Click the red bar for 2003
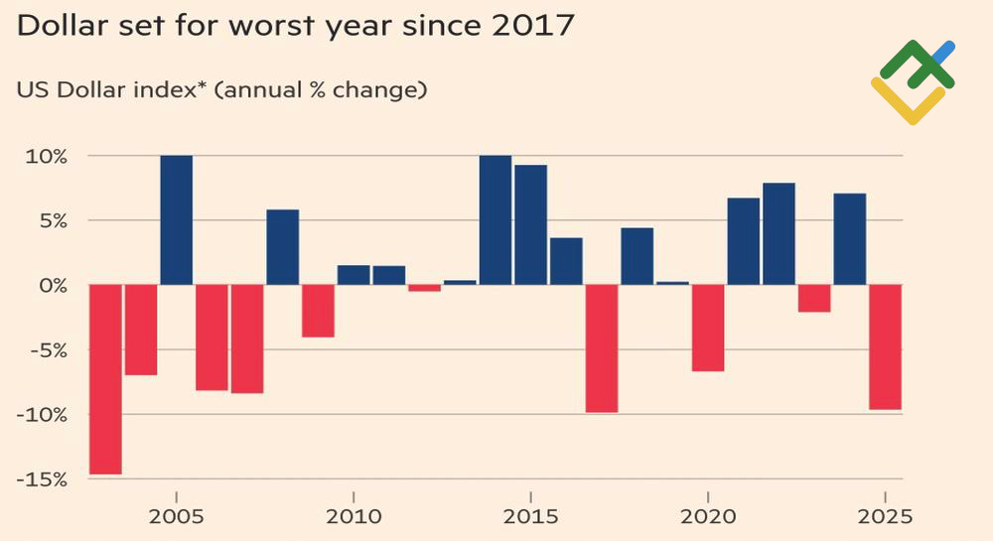point(105,379)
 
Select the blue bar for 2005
point(176,220)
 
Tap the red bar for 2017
point(602,348)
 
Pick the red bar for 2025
point(885,347)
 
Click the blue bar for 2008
point(282,247)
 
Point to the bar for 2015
point(530,225)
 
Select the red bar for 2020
point(708,328)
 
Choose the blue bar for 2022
point(779,234)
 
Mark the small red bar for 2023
point(814,299)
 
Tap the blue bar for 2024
point(849,239)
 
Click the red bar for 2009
point(318,311)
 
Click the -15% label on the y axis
point(43,479)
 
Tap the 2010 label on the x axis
point(353,516)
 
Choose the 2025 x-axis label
point(884,516)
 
